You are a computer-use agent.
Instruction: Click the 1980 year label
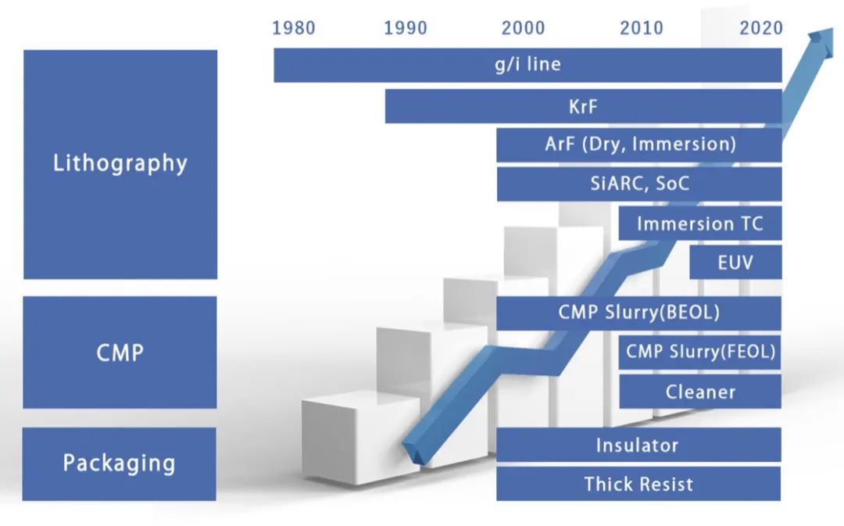(x=293, y=28)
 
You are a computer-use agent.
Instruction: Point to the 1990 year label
(x=406, y=28)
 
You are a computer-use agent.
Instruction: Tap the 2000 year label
(x=523, y=28)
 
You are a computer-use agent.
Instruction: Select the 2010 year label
(x=642, y=28)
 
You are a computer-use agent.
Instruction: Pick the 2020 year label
(x=761, y=28)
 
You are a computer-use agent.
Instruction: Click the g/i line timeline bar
(x=527, y=65)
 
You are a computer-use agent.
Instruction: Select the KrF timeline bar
(x=584, y=106)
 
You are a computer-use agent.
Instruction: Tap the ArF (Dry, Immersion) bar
(x=639, y=145)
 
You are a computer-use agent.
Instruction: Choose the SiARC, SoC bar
(x=639, y=184)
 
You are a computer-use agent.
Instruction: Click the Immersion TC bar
(x=699, y=224)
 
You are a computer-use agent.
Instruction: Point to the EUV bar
(x=735, y=262)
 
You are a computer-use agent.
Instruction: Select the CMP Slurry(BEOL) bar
(x=638, y=313)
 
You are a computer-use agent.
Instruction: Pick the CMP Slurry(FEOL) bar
(x=699, y=352)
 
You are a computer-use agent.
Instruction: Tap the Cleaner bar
(x=699, y=392)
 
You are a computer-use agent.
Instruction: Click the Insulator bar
(x=638, y=445)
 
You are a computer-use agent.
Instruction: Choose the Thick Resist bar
(x=638, y=484)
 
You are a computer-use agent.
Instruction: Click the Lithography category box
(x=120, y=164)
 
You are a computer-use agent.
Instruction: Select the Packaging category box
(x=119, y=464)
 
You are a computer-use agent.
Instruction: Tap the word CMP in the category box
(x=120, y=353)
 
